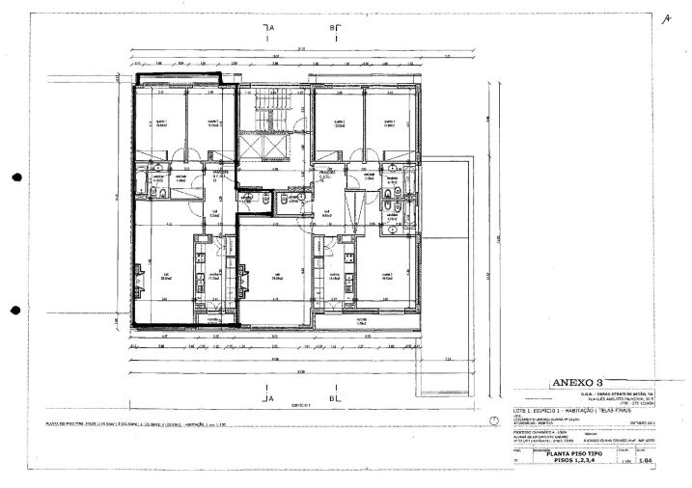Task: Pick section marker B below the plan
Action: click(333, 397)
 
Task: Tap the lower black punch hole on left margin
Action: click(14, 311)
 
